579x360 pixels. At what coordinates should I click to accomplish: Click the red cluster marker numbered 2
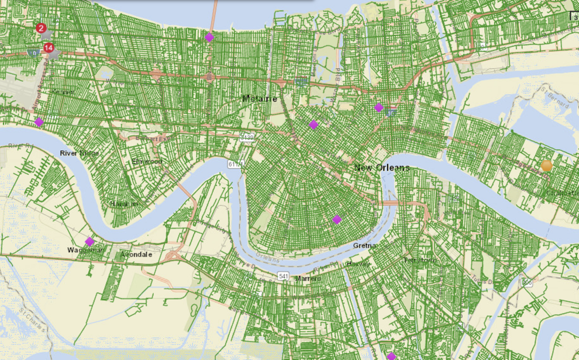click(x=40, y=27)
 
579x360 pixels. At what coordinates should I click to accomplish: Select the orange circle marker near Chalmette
click(x=547, y=166)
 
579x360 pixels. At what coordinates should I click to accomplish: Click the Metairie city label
click(x=260, y=99)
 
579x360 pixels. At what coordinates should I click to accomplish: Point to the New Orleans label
click(x=382, y=168)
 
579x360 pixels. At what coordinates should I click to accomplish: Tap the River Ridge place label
click(x=80, y=153)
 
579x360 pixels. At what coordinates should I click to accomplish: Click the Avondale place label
click(x=136, y=255)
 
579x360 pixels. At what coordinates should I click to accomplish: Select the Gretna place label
click(x=365, y=245)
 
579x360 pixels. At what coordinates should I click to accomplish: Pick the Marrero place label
click(x=308, y=278)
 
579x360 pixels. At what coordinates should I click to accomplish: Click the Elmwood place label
click(x=146, y=161)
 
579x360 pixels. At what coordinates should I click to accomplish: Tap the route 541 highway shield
click(x=284, y=275)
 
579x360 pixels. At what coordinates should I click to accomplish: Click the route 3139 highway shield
click(x=246, y=137)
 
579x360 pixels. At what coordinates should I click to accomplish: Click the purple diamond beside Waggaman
click(x=89, y=241)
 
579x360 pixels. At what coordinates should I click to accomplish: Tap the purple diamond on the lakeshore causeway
click(x=209, y=37)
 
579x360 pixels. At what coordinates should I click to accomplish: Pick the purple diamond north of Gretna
click(x=337, y=219)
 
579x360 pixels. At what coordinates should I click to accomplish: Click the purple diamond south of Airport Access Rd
click(x=39, y=122)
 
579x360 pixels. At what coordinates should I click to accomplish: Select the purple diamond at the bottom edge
click(x=391, y=356)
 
